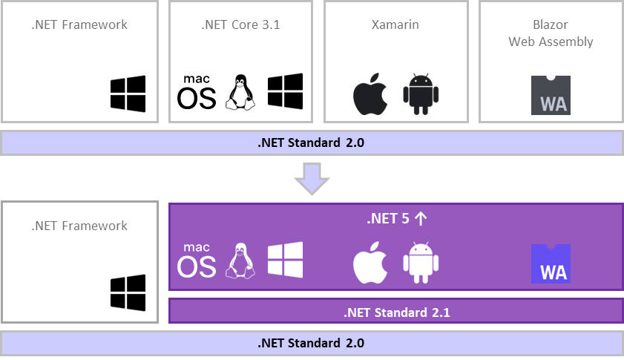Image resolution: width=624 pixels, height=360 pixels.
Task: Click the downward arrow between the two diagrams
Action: pyautogui.click(x=312, y=178)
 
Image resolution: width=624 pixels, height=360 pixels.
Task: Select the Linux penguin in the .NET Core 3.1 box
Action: pyautogui.click(x=240, y=93)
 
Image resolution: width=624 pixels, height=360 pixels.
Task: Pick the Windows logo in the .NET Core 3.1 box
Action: pyautogui.click(x=285, y=92)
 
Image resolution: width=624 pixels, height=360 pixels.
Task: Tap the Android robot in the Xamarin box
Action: pyautogui.click(x=421, y=94)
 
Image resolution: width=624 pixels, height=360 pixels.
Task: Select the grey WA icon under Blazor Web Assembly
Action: pyautogui.click(x=551, y=95)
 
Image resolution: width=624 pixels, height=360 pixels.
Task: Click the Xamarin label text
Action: pyautogui.click(x=395, y=24)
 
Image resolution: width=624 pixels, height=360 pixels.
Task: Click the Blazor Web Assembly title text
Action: pyautogui.click(x=551, y=33)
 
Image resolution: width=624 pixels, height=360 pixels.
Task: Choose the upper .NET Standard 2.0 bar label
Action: pyautogui.click(x=312, y=143)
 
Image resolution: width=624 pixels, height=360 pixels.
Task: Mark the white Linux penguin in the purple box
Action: pyautogui.click(x=240, y=261)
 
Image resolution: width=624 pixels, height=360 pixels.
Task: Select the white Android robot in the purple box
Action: pyautogui.click(x=421, y=264)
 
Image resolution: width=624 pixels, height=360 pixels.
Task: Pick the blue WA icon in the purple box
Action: pyautogui.click(x=550, y=264)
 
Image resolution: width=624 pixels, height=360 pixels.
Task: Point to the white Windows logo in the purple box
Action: pyautogui.click(x=285, y=261)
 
